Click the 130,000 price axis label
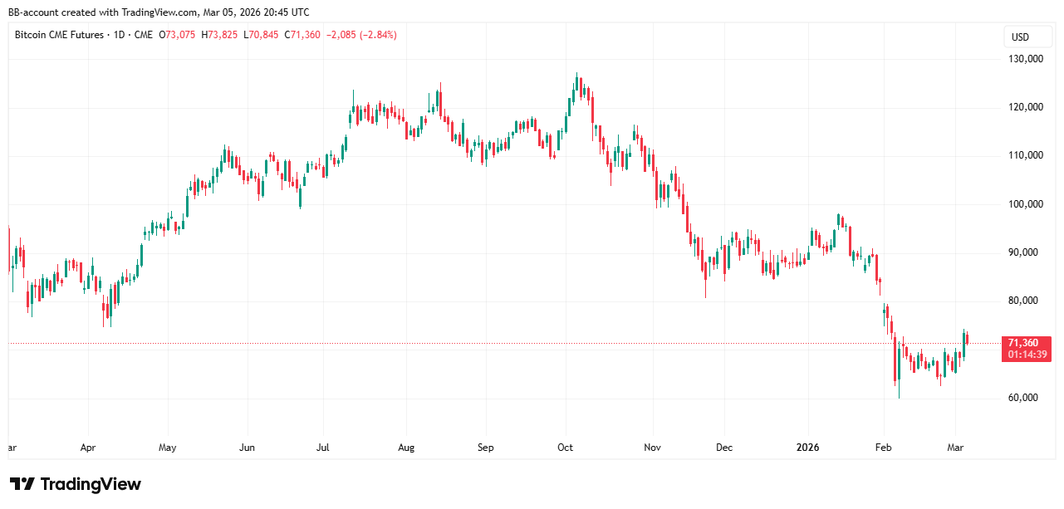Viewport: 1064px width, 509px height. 1025,59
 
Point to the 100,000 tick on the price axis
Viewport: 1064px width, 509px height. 1025,204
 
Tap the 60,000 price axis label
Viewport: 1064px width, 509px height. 1022,398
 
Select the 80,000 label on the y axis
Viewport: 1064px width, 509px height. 1022,301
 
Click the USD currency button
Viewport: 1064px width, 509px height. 1020,37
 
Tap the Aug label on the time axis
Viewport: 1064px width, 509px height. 406,448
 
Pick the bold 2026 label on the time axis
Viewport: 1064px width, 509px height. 807,448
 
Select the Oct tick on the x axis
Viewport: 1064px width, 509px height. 565,448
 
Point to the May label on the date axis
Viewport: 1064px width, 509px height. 167,448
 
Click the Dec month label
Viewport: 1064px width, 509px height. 723,448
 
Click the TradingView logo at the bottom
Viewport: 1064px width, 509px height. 76,484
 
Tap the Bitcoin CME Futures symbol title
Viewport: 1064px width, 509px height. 60,35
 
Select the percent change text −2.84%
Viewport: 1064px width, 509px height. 375,35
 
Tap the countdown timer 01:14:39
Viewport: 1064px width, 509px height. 1027,355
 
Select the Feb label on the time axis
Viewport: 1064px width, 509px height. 883,448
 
